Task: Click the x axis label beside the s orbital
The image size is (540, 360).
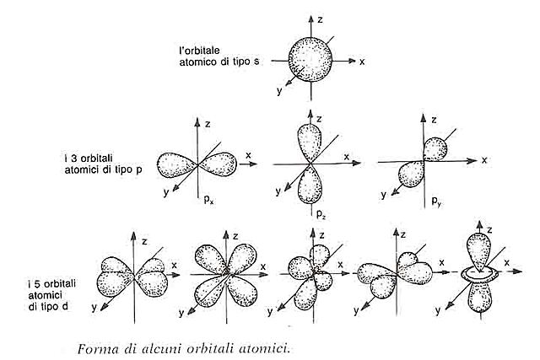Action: (x=362, y=62)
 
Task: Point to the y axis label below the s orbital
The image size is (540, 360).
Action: (x=279, y=87)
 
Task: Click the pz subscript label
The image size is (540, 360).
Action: (x=320, y=215)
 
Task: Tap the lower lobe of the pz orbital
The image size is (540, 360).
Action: (x=309, y=188)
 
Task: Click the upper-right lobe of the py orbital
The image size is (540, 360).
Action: (x=437, y=148)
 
